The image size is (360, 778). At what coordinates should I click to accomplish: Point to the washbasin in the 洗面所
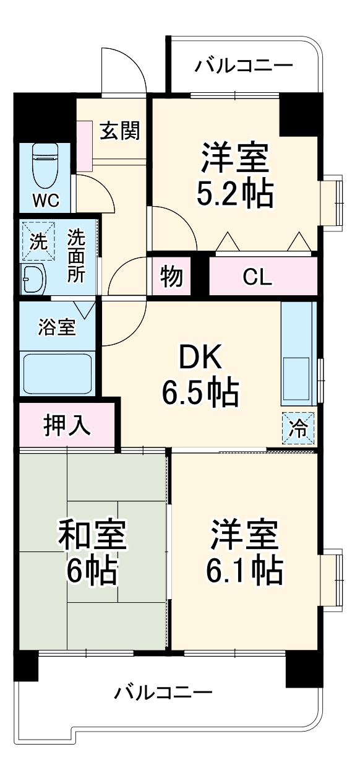(33, 280)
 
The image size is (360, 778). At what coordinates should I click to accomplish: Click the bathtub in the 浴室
(57, 374)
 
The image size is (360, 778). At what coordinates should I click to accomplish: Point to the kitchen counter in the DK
(298, 353)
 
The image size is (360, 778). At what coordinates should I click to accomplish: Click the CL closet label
(257, 278)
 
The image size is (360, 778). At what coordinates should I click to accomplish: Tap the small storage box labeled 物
(171, 277)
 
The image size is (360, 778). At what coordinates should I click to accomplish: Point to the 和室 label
(93, 535)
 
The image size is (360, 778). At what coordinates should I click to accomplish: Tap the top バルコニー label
(244, 66)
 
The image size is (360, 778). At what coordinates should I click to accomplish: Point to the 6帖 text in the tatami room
(92, 571)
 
